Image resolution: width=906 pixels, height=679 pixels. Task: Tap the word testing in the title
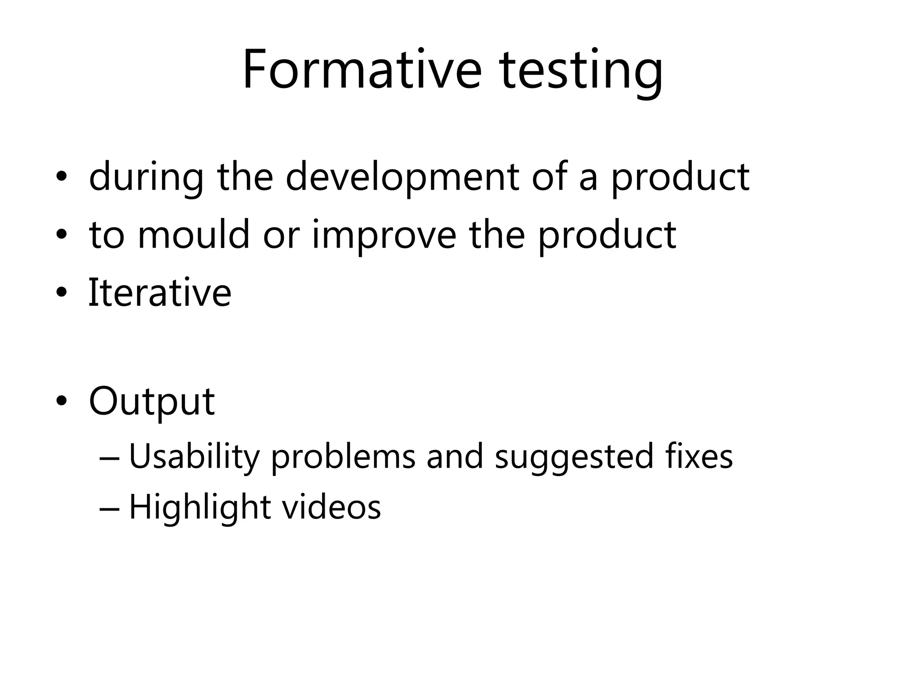point(580,72)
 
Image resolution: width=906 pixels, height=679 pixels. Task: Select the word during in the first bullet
point(146,177)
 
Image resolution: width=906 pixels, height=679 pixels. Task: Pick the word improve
point(384,236)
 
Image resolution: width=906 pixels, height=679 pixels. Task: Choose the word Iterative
point(160,292)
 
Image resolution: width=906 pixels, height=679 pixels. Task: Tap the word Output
point(152,401)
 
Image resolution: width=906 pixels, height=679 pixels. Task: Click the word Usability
point(194,457)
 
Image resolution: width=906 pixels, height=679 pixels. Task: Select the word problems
point(343,457)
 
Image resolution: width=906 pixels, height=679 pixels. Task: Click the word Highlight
point(200,507)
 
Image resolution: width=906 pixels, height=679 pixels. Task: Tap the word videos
point(331,507)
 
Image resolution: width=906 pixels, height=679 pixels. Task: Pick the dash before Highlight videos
point(109,508)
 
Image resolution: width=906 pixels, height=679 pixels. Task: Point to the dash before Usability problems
point(109,458)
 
